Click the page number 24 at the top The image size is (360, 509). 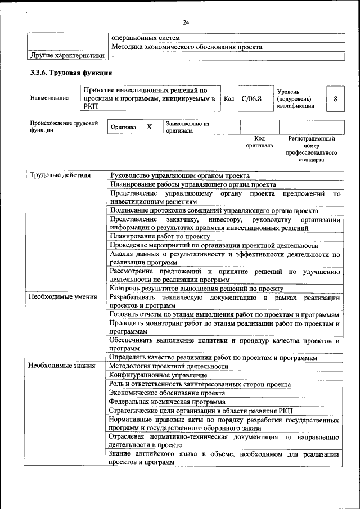click(x=187, y=22)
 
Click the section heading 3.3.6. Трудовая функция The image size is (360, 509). click(x=71, y=73)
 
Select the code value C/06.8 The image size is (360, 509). click(x=251, y=98)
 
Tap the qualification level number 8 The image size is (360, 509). click(x=335, y=98)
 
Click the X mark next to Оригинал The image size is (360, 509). click(x=150, y=127)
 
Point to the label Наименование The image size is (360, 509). click(x=49, y=98)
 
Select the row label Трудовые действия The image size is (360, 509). click(x=60, y=175)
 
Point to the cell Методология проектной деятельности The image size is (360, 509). click(x=169, y=366)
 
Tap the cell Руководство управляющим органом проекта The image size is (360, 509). click(x=180, y=175)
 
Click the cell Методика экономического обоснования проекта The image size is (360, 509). click(x=187, y=47)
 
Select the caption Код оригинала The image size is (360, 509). click(x=259, y=142)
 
